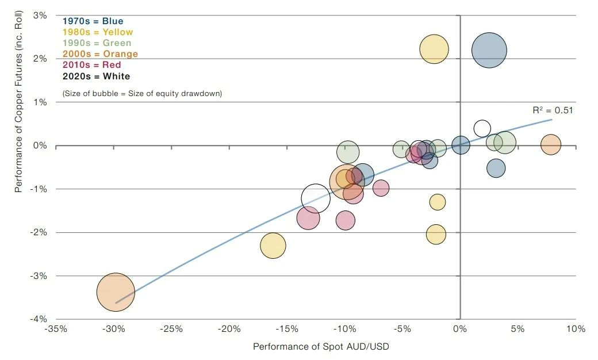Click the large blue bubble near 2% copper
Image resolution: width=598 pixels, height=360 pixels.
point(489,50)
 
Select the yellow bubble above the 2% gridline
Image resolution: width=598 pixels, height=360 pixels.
point(434,49)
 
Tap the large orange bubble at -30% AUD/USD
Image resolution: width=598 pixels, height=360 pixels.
point(116,292)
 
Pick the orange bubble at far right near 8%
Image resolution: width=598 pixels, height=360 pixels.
point(550,145)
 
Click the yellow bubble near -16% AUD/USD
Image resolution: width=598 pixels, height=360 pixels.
point(273,246)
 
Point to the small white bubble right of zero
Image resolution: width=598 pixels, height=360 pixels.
point(482,129)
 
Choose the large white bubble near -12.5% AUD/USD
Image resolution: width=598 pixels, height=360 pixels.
point(315,198)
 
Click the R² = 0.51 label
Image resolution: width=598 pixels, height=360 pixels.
point(552,111)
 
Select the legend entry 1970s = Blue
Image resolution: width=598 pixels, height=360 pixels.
point(93,21)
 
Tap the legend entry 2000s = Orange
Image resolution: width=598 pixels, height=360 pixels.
point(100,54)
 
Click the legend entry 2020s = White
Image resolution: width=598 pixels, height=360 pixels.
point(96,76)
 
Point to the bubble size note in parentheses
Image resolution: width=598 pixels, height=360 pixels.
point(141,93)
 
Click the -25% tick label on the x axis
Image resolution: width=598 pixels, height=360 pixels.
point(171,330)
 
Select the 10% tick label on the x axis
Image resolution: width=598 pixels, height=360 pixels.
point(575,330)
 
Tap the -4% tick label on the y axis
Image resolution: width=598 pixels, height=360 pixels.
point(39,319)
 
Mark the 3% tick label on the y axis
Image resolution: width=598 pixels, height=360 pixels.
point(40,16)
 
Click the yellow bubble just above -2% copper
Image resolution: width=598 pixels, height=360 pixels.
point(436,235)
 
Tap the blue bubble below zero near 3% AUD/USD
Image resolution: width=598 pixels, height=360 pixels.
point(496,168)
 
